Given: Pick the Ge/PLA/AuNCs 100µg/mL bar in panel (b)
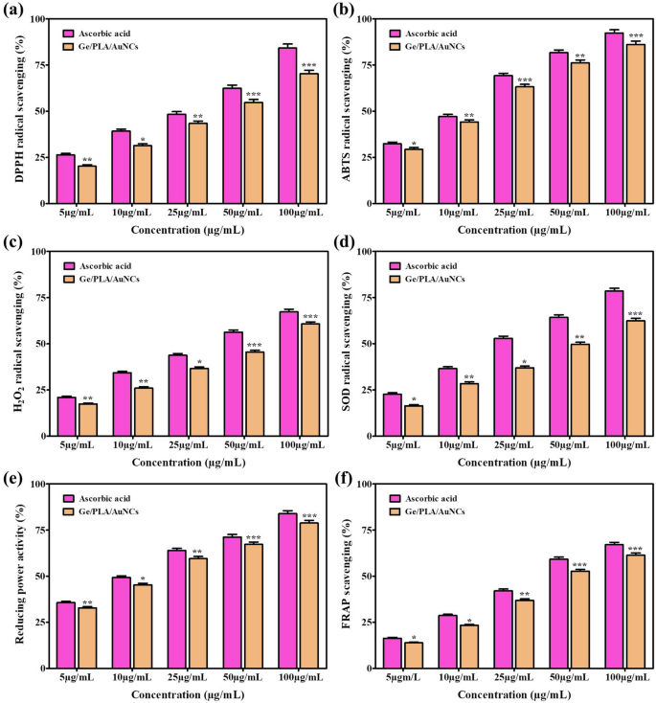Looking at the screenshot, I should point(633,124).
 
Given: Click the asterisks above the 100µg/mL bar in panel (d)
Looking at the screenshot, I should point(633,313).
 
